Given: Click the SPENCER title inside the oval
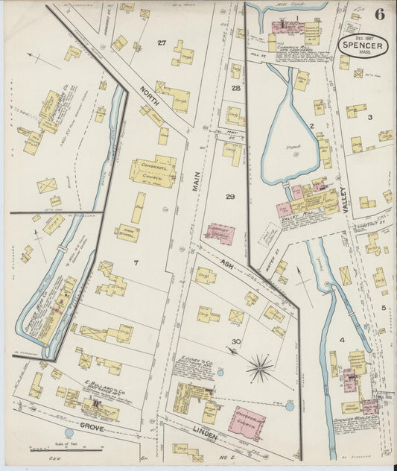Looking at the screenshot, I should [x=363, y=45].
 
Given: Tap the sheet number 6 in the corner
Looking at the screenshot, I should [x=380, y=15].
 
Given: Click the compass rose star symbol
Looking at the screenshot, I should [x=260, y=367].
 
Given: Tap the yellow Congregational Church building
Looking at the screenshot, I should [x=153, y=171].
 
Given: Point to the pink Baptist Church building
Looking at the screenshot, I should [x=220, y=234].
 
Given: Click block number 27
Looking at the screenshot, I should [x=161, y=42].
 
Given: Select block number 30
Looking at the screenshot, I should [x=236, y=342].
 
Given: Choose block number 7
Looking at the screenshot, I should [x=136, y=263].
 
